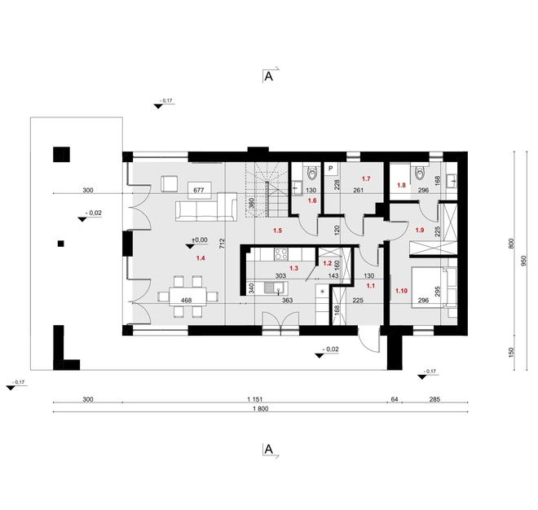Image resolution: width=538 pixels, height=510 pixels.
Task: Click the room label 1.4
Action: pyautogui.click(x=200, y=258)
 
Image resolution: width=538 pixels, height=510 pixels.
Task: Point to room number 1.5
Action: pyautogui.click(x=277, y=231)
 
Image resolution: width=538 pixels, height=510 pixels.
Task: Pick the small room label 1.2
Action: pyautogui.click(x=327, y=263)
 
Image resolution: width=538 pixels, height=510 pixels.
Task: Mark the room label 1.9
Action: pyautogui.click(x=421, y=231)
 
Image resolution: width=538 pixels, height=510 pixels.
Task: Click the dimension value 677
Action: pyautogui.click(x=197, y=190)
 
